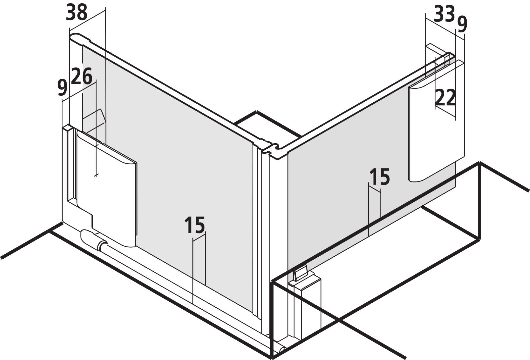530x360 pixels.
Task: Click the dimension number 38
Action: point(76,12)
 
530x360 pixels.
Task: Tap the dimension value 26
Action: point(81,76)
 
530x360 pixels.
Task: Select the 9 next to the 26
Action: point(62,88)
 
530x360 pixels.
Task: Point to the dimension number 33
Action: point(444,14)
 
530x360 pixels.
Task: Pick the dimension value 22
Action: point(445,97)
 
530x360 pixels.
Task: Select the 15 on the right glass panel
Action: point(380,177)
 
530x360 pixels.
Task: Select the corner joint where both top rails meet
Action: point(270,148)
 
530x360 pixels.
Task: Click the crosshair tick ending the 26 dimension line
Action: point(96,175)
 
